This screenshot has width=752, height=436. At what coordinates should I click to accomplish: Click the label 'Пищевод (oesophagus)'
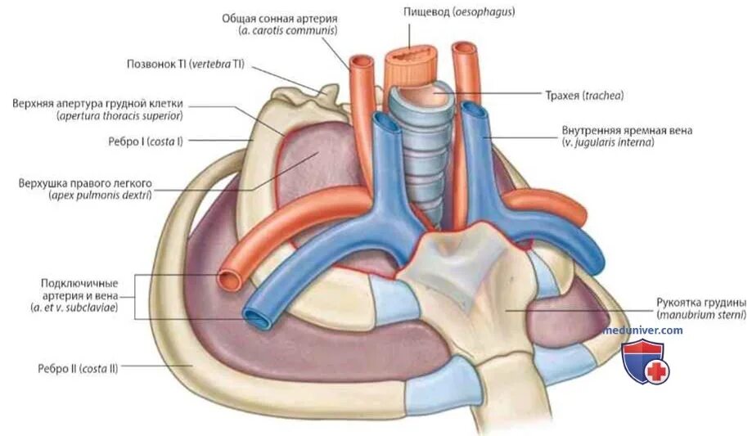pos(452,13)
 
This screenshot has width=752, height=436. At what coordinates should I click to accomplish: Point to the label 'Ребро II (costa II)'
pos(73,368)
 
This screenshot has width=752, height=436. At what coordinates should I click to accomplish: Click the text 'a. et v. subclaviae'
pos(79,308)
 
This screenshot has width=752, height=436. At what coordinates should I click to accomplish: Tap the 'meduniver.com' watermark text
pos(642,330)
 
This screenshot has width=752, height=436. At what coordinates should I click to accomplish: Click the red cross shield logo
pos(646,363)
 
